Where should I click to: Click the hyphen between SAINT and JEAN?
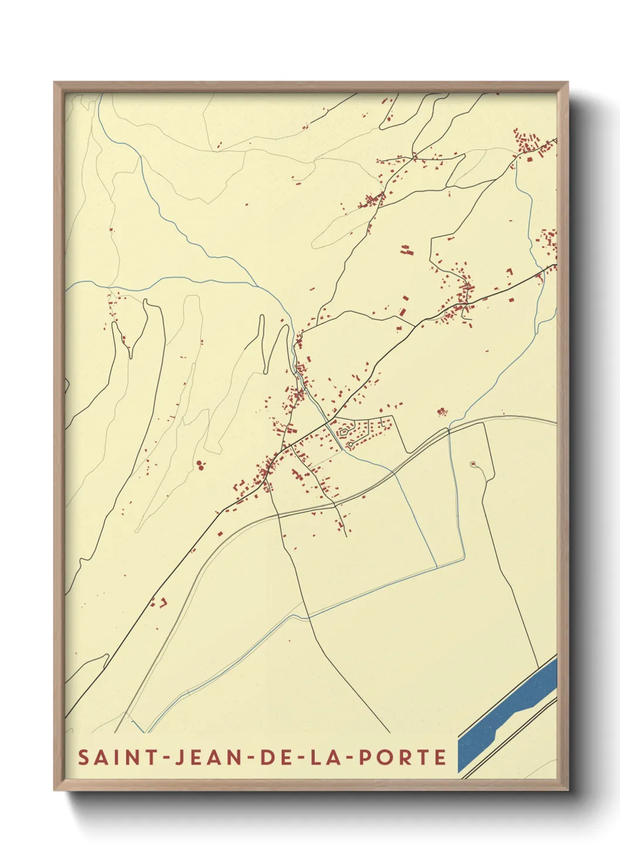tap(165, 757)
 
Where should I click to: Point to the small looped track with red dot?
tap(473, 465)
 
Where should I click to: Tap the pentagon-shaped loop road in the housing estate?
tap(343, 433)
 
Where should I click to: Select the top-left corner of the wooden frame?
tap(55, 83)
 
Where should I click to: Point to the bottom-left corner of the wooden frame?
tap(55, 789)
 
